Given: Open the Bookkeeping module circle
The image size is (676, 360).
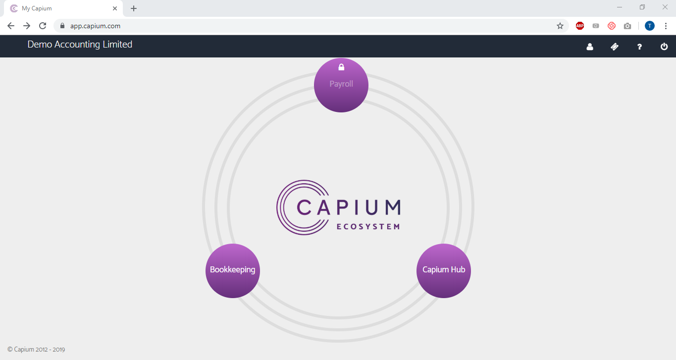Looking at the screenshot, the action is tap(232, 270).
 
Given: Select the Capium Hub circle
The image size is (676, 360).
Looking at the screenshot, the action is tap(444, 270).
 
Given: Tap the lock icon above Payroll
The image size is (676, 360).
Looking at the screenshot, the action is tap(341, 67).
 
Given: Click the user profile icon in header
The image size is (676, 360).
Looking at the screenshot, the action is tap(590, 47).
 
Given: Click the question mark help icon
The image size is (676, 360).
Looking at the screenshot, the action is tap(639, 47).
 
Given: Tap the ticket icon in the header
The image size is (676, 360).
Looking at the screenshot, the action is tap(615, 47).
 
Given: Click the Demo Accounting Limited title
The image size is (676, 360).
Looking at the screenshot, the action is tap(80, 45).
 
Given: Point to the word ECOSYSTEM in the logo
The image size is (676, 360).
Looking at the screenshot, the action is tap(368, 227).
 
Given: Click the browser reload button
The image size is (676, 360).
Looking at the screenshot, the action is tap(43, 26).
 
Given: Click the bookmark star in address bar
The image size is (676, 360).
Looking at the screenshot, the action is tap(560, 26).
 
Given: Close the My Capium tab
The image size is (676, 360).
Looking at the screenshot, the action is tap(115, 8).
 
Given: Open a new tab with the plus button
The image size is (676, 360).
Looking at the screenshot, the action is tap(134, 8).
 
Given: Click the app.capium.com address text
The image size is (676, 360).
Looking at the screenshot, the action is tap(95, 26).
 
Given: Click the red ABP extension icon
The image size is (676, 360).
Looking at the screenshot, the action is tap(580, 26).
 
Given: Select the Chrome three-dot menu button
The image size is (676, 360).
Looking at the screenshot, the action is tap(666, 26).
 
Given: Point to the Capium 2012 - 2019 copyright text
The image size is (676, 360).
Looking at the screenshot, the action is tap(36, 350).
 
